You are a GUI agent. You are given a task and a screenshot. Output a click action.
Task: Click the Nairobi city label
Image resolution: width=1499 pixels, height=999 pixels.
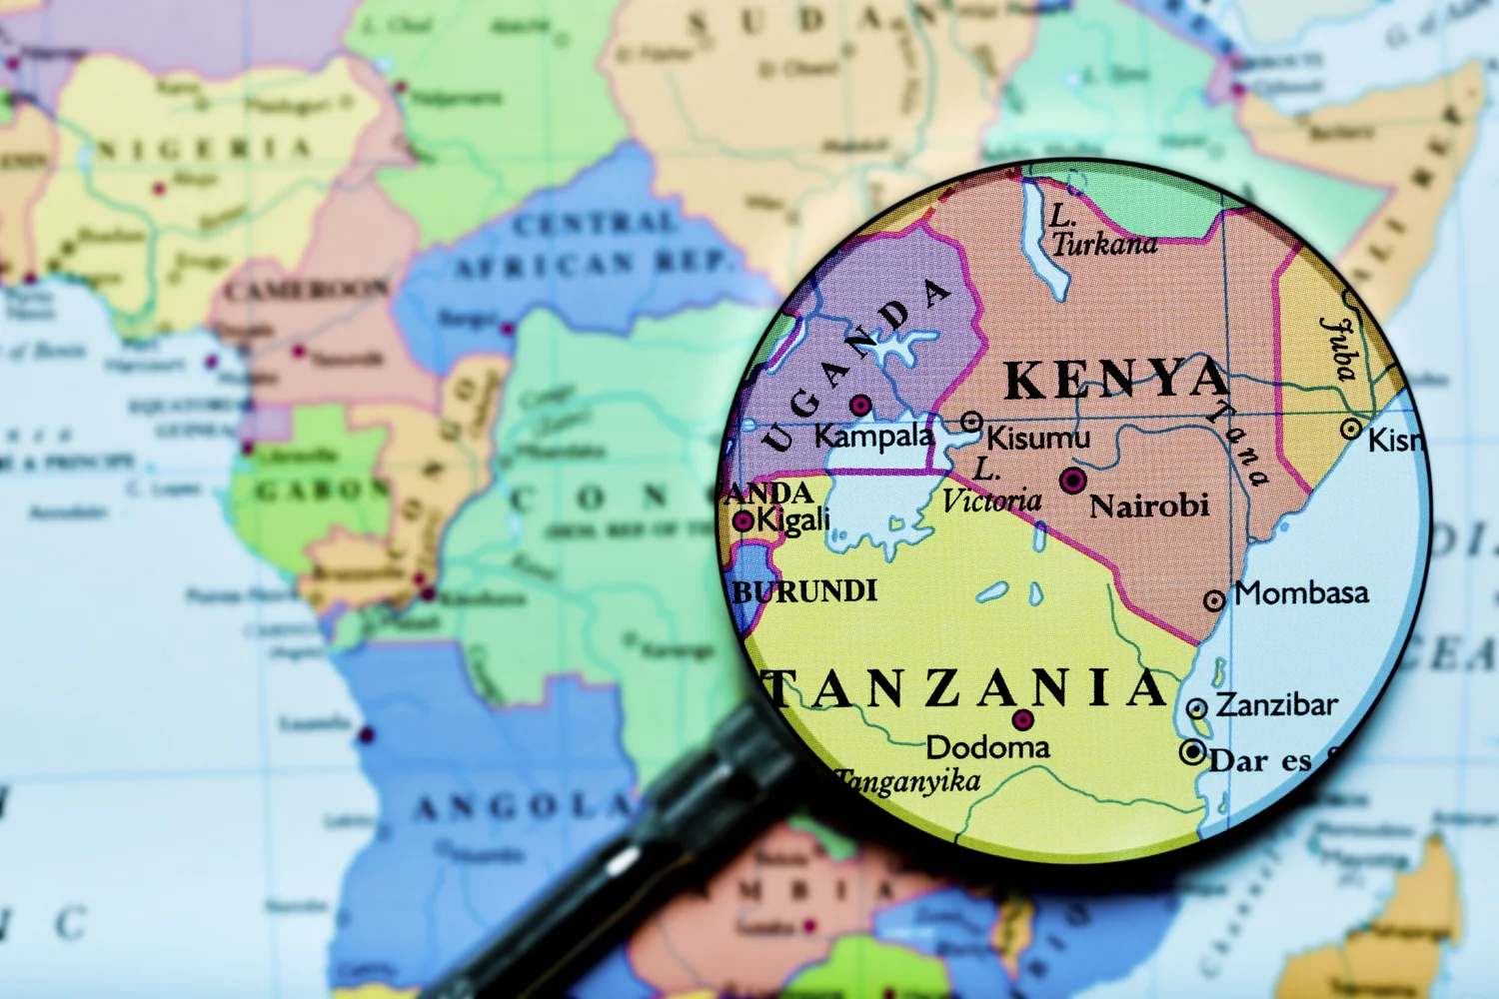1149,506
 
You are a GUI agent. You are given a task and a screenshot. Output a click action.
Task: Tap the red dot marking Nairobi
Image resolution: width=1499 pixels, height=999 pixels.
1073,481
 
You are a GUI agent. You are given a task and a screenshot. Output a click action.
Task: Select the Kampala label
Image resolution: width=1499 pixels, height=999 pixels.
873,437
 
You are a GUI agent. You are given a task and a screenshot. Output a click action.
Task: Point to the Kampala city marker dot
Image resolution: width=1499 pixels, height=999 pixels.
860,405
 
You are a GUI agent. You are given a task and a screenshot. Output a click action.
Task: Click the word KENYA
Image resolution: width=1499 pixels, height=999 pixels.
1116,380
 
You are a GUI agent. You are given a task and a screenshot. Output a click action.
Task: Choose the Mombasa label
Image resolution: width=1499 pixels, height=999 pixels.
1301,593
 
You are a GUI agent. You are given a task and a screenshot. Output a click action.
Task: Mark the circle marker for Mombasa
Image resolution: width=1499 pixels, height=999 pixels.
1214,600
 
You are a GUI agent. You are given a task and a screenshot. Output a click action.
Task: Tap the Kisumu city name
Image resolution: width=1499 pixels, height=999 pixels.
1038,438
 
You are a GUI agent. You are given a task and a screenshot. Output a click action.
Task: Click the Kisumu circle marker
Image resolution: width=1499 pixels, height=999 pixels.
971,422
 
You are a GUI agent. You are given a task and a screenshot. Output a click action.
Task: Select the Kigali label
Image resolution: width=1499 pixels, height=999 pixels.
793,519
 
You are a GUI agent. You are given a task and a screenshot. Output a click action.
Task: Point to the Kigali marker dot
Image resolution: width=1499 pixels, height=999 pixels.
744,520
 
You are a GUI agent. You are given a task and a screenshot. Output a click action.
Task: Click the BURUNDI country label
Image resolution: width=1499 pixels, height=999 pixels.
805,591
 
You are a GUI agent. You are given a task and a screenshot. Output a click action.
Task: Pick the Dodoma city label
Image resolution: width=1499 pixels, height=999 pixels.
987,747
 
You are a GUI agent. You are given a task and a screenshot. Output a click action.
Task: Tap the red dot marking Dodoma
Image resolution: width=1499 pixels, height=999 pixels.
1022,719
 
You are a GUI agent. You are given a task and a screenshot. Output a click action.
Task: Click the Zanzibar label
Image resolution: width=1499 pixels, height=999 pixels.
1276,705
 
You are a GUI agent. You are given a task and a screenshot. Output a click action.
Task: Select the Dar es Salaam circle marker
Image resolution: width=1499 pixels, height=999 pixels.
1192,752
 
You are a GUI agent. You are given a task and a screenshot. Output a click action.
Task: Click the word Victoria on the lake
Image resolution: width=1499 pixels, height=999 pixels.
991,500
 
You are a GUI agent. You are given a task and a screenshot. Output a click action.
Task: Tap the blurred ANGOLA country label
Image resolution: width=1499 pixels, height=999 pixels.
524,806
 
